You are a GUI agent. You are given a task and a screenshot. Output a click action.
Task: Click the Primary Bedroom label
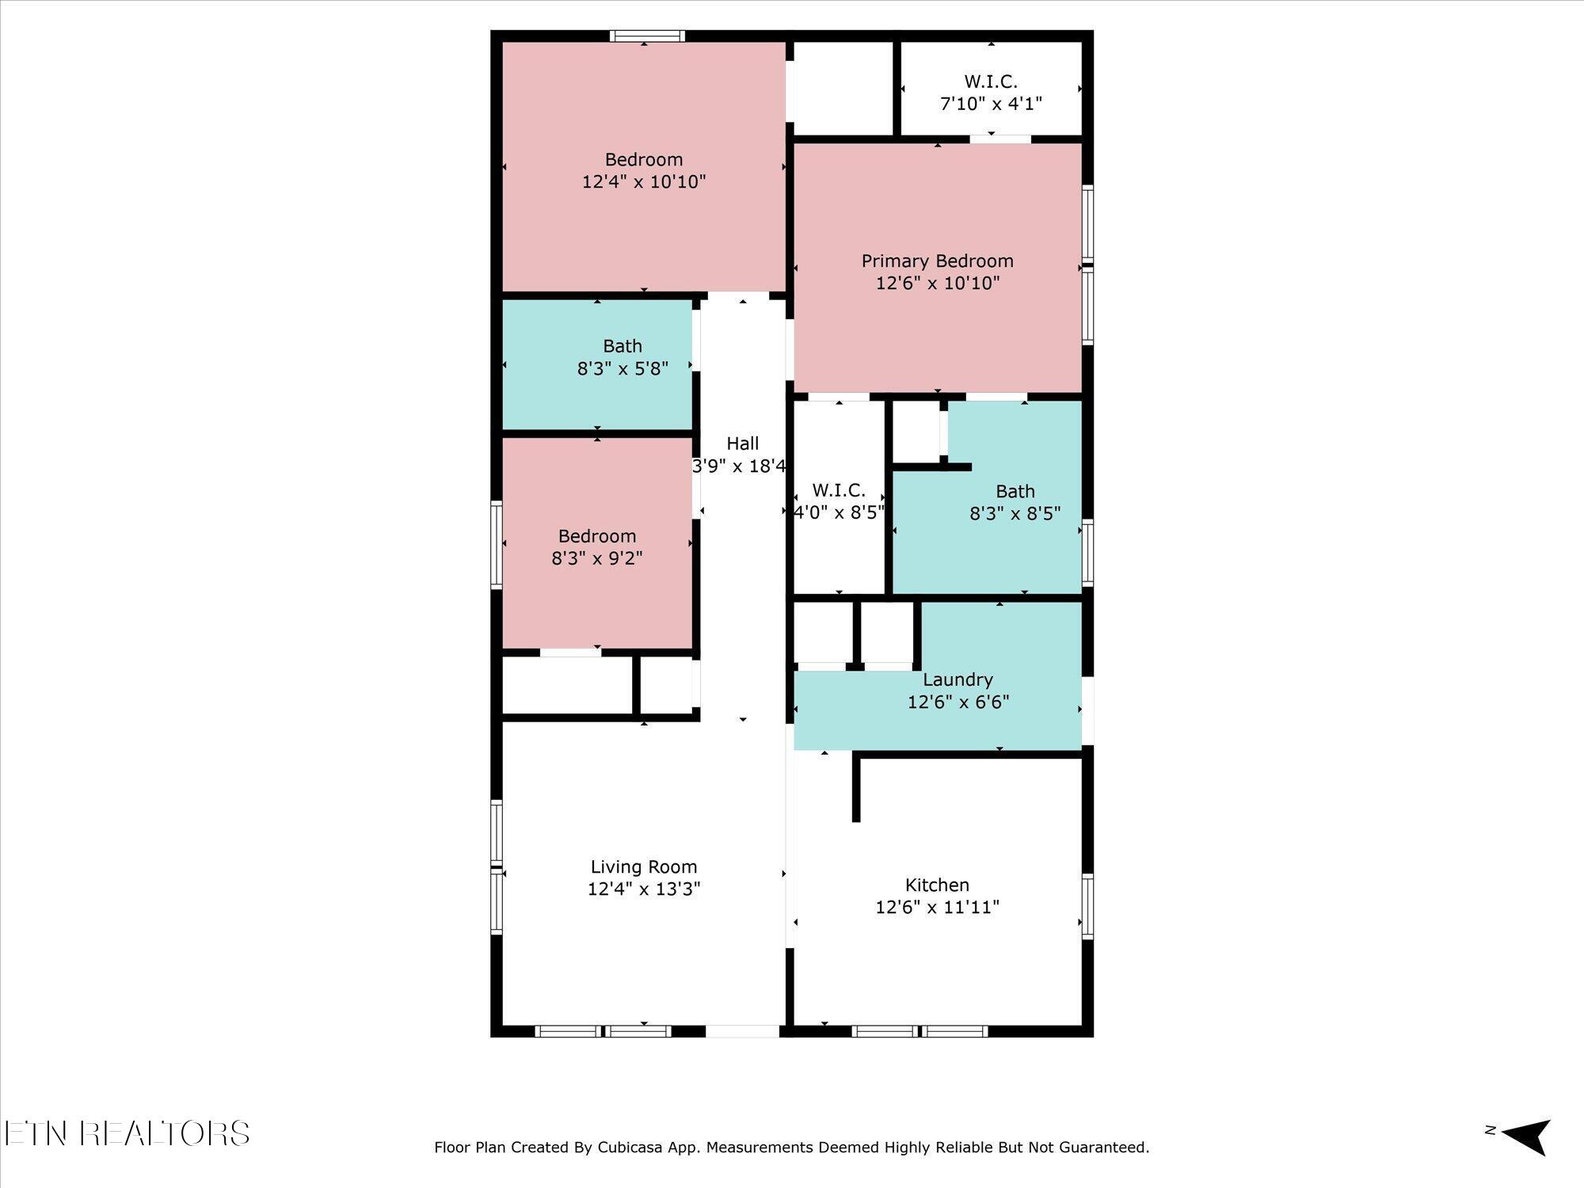point(937,261)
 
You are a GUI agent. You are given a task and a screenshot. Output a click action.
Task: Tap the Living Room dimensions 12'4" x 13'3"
point(644,889)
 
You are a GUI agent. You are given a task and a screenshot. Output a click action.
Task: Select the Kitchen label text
point(937,885)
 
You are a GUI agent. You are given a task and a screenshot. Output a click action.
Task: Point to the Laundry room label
point(958,680)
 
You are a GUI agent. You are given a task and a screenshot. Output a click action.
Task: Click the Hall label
point(742,444)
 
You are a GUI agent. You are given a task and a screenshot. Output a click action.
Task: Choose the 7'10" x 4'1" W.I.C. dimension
point(991,104)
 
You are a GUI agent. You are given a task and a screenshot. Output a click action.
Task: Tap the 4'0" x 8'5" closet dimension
point(839,512)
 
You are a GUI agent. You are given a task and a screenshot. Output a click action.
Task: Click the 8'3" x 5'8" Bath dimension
point(623,368)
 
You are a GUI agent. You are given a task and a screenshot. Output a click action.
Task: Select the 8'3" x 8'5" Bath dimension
point(1015,513)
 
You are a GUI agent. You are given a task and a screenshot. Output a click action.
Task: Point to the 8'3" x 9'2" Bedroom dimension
point(597,558)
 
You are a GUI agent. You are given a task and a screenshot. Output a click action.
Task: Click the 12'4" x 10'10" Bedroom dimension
point(644,181)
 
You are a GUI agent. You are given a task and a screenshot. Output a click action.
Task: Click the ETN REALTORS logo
point(127,1133)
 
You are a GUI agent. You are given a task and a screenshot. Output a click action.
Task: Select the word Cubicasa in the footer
point(630,1147)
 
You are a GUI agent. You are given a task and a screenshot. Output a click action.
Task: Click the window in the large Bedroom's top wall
point(647,36)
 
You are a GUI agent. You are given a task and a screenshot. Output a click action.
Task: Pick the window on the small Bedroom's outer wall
point(497,545)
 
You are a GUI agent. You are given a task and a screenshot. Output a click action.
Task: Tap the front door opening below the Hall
point(742,1031)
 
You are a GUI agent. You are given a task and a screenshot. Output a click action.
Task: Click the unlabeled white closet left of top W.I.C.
point(843,88)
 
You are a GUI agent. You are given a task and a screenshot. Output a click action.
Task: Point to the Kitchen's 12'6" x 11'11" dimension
point(937,907)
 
